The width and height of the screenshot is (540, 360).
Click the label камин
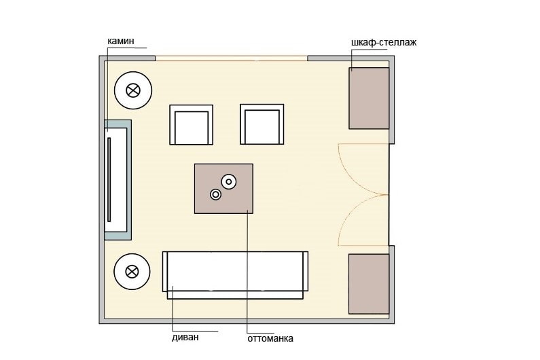(x=120, y=41)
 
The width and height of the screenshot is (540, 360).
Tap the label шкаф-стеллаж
(x=384, y=42)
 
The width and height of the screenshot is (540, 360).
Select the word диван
(x=185, y=337)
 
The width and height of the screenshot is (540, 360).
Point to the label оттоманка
(x=270, y=339)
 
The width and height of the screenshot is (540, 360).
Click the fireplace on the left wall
(x=118, y=180)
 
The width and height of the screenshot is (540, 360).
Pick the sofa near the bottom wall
(x=235, y=275)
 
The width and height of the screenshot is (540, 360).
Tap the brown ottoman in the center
(x=224, y=188)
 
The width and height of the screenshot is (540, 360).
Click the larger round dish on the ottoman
(x=229, y=181)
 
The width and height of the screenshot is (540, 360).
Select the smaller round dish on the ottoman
(x=215, y=195)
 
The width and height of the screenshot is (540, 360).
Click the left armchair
(x=191, y=125)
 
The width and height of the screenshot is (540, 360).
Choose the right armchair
(x=262, y=124)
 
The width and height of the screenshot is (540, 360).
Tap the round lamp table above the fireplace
(x=133, y=90)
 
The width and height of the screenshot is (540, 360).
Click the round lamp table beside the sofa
(x=132, y=272)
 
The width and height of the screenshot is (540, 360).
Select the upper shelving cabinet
(x=369, y=98)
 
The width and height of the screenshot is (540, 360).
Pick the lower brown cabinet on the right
(x=369, y=284)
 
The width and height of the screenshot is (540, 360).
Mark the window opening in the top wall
(x=231, y=58)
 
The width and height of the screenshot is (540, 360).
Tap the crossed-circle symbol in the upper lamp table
(x=133, y=90)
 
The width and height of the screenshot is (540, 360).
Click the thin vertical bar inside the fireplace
(x=109, y=179)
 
